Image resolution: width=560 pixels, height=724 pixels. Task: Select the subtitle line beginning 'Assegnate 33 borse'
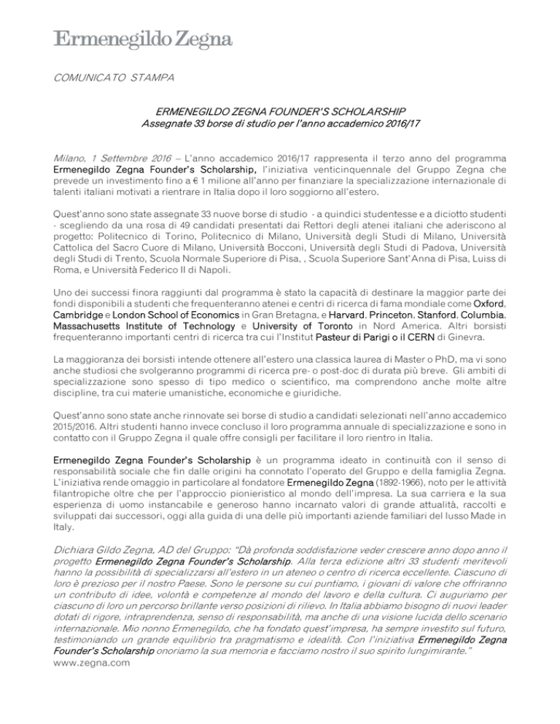pos(280,125)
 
